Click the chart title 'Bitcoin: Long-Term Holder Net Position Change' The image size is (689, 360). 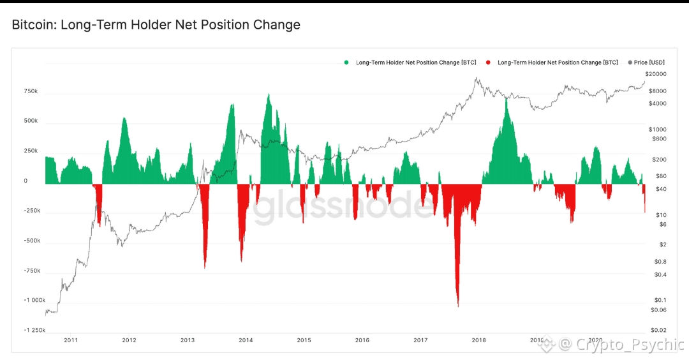pyautogui.click(x=156, y=26)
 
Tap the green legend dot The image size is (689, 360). pyautogui.click(x=346, y=63)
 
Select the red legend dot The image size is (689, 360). pyautogui.click(x=488, y=63)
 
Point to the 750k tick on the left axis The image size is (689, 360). pyautogui.click(x=31, y=91)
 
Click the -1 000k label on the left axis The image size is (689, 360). pyautogui.click(x=28, y=301)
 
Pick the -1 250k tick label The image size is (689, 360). pyautogui.click(x=28, y=331)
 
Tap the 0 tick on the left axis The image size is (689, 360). pyautogui.click(x=26, y=181)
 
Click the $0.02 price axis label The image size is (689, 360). pyautogui.click(x=658, y=330)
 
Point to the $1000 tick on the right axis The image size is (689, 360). pyautogui.click(x=657, y=129)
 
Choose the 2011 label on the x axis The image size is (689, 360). pyautogui.click(x=71, y=340)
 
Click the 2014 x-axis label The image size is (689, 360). pyautogui.click(x=246, y=340)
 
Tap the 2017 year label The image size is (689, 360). pyautogui.click(x=420, y=340)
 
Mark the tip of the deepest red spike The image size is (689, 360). pyautogui.click(x=458, y=306)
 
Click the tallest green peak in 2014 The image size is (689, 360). pyautogui.click(x=269, y=95)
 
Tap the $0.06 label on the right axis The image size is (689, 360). pyautogui.click(x=658, y=310)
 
